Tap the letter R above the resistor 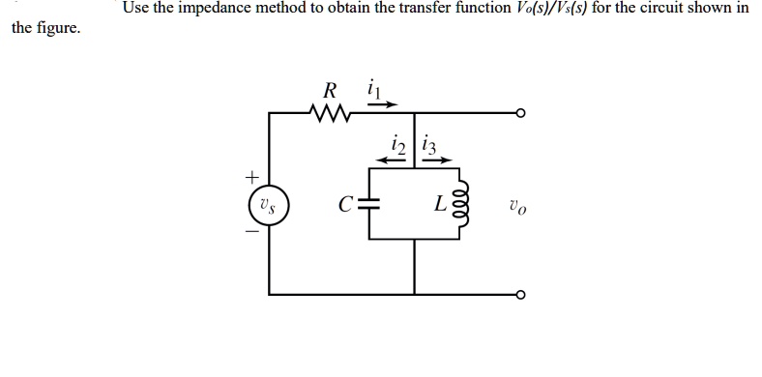click(329, 92)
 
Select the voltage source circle click(270, 204)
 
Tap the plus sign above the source click(252, 178)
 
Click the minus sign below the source click(253, 231)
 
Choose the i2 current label click(396, 146)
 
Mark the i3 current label click(430, 146)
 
